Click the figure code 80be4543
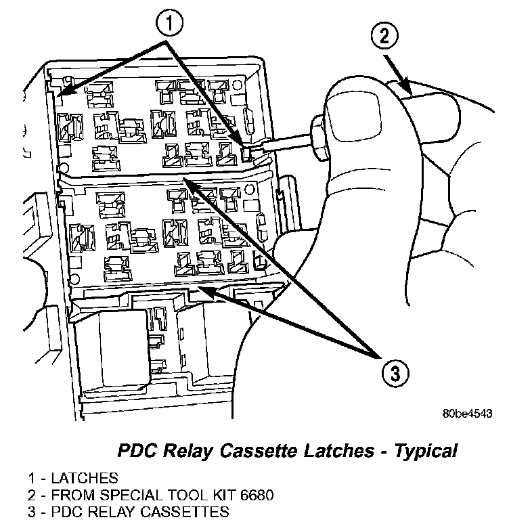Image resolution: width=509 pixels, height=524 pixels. pyautogui.click(x=467, y=412)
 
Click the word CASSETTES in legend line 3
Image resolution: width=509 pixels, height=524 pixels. pyautogui.click(x=190, y=511)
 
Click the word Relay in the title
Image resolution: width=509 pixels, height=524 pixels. pyautogui.click(x=187, y=450)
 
